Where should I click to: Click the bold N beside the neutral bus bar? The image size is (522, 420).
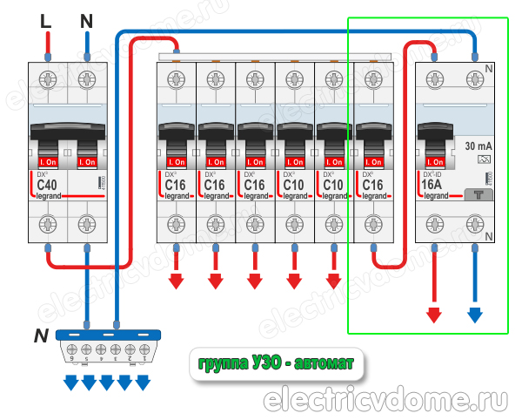[x=40, y=336]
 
